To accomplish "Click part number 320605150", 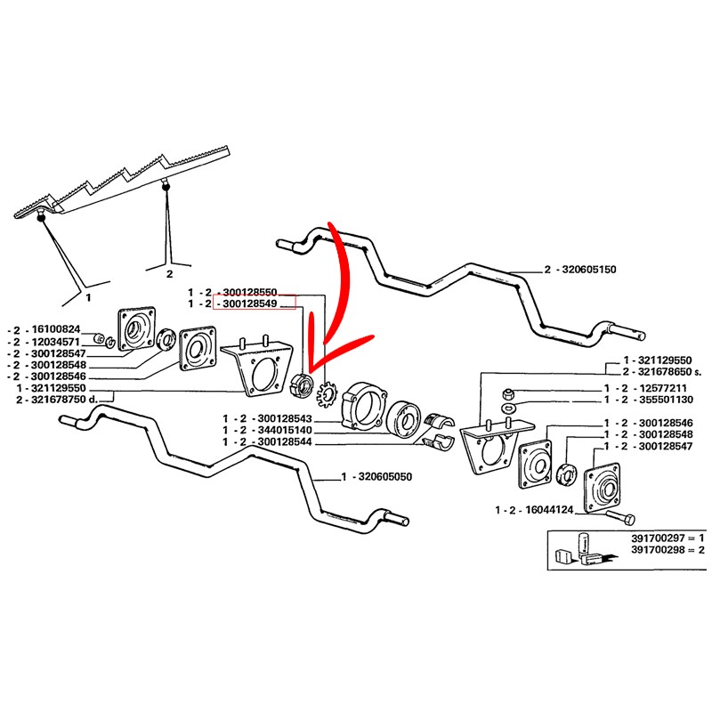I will pyautogui.click(x=591, y=268).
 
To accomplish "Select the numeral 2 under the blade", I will pyautogui.click(x=170, y=275).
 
